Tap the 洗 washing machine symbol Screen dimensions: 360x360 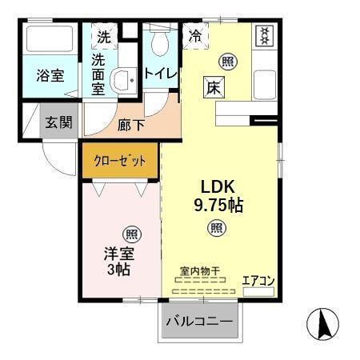coord(104,36)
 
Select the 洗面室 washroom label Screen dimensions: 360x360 coord(98,74)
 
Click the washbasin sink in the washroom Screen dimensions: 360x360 coord(123,80)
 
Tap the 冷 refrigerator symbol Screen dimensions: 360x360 coord(195,35)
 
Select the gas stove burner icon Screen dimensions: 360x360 coord(263,36)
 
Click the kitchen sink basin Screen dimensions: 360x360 coord(264,83)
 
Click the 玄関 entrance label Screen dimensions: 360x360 coord(58,122)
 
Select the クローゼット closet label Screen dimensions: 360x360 coord(120,161)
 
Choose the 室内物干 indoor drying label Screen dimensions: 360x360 coord(200,272)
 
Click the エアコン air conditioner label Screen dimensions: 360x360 coord(258,280)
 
